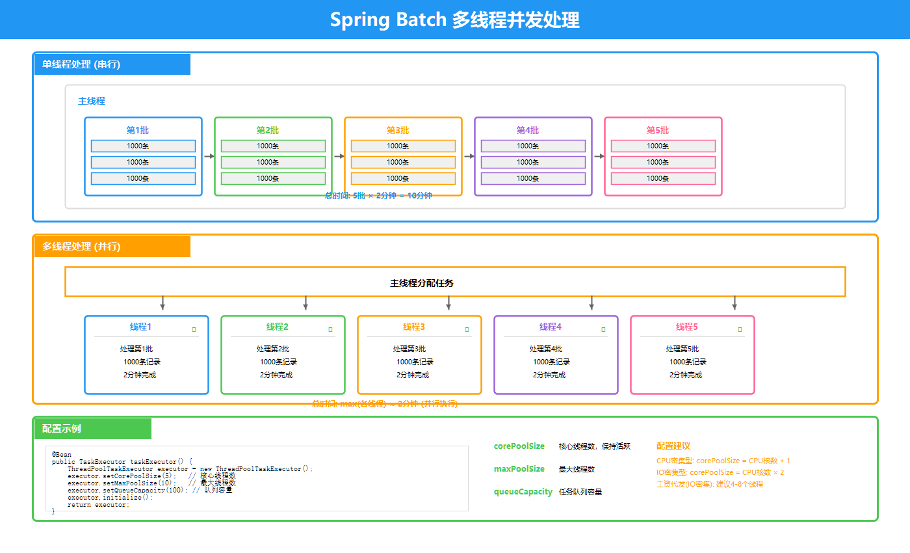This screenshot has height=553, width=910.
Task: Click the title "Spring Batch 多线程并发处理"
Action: coord(454,20)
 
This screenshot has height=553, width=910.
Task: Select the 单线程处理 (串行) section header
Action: coord(81,64)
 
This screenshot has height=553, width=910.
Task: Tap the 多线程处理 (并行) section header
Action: coord(81,247)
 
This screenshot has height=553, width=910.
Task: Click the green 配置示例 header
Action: coord(62,429)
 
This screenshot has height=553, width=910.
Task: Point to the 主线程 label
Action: coord(92,101)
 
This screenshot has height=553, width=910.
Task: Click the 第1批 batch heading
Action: coord(138,130)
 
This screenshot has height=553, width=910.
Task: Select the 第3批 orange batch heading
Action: coord(398,130)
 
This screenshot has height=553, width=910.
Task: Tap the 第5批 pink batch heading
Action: coord(658,130)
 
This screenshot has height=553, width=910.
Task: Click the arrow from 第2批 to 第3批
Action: coord(339,156)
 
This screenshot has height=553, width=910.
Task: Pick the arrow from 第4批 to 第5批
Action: coord(599,156)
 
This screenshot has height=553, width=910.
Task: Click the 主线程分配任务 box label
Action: coord(422,283)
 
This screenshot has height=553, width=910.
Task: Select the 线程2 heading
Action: coord(278,327)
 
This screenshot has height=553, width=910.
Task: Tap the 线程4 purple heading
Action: coord(551,327)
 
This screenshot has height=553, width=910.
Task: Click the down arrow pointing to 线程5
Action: coord(734,303)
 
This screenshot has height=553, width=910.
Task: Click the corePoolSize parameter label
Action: coord(519,446)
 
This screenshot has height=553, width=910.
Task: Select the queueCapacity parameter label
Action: coord(523,492)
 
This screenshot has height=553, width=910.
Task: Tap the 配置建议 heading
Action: coord(673,446)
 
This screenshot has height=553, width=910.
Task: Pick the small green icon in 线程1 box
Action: coord(194,330)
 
